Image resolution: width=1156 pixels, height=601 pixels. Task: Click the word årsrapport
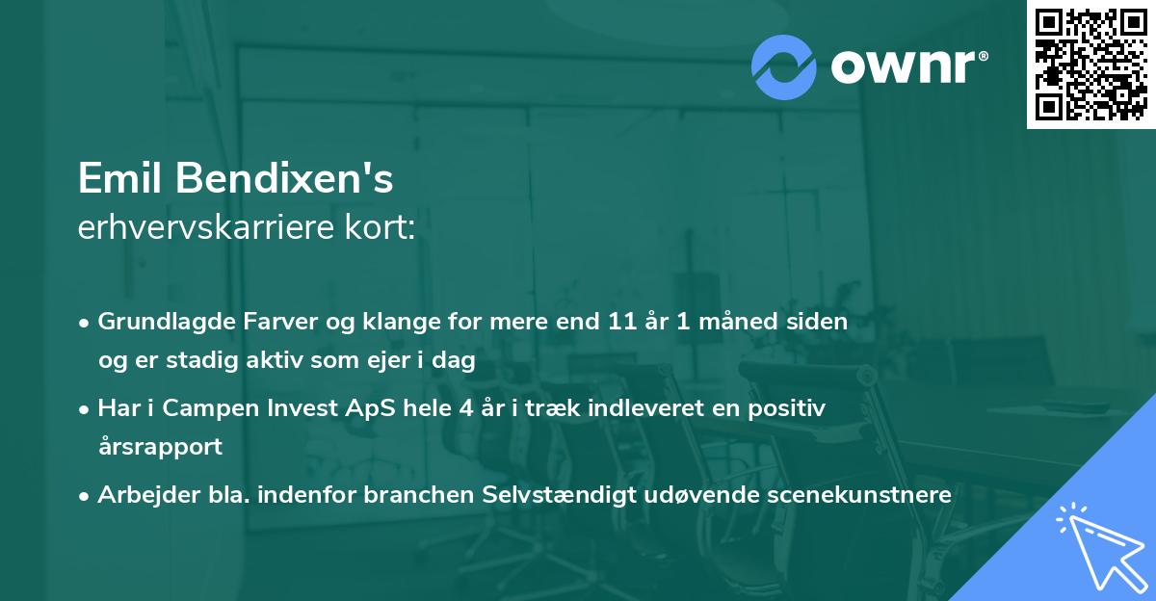pos(160,447)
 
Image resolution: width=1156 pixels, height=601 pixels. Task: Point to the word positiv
pos(791,408)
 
